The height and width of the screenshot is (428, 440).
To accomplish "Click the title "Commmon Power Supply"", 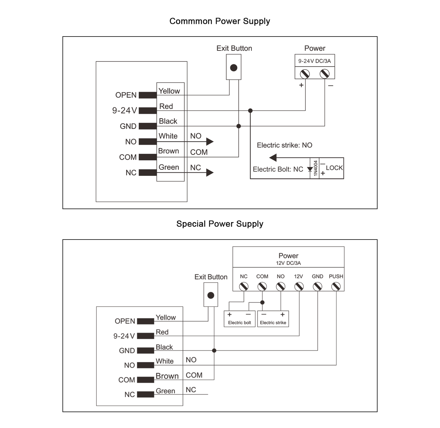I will (x=220, y=21).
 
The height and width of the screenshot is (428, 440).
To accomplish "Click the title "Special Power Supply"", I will (x=220, y=224).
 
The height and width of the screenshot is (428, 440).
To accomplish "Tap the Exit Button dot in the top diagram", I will (x=234, y=68).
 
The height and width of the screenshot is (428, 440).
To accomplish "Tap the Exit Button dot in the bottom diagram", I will (x=211, y=295).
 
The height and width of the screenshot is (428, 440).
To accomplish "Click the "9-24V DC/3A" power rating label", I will (x=314, y=61).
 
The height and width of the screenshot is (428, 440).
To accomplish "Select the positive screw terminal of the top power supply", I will (x=305, y=74).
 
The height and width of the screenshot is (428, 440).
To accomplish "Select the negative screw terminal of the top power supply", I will (x=324, y=74).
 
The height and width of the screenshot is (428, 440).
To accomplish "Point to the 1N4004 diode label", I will (x=315, y=168).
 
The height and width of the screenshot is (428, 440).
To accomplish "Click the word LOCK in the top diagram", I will (x=334, y=168).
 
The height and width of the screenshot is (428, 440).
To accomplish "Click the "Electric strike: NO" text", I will (x=284, y=145).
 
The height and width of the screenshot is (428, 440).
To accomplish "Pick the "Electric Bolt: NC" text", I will (x=278, y=169).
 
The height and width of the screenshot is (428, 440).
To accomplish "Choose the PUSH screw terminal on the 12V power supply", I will (x=336, y=286).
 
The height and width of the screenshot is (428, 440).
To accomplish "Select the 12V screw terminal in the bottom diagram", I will (x=299, y=286).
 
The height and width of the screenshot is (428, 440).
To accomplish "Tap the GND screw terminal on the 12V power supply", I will (x=317, y=286).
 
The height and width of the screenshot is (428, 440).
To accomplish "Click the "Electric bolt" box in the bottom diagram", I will (x=239, y=319).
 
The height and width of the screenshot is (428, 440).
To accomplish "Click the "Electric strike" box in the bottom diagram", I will (x=273, y=319).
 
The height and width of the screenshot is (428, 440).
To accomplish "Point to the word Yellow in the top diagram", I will (x=169, y=91).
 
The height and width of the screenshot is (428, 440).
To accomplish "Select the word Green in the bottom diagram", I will (x=165, y=391).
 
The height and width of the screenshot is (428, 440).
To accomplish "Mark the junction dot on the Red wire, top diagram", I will (x=250, y=111).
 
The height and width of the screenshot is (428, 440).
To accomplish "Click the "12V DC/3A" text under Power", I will (x=288, y=263).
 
